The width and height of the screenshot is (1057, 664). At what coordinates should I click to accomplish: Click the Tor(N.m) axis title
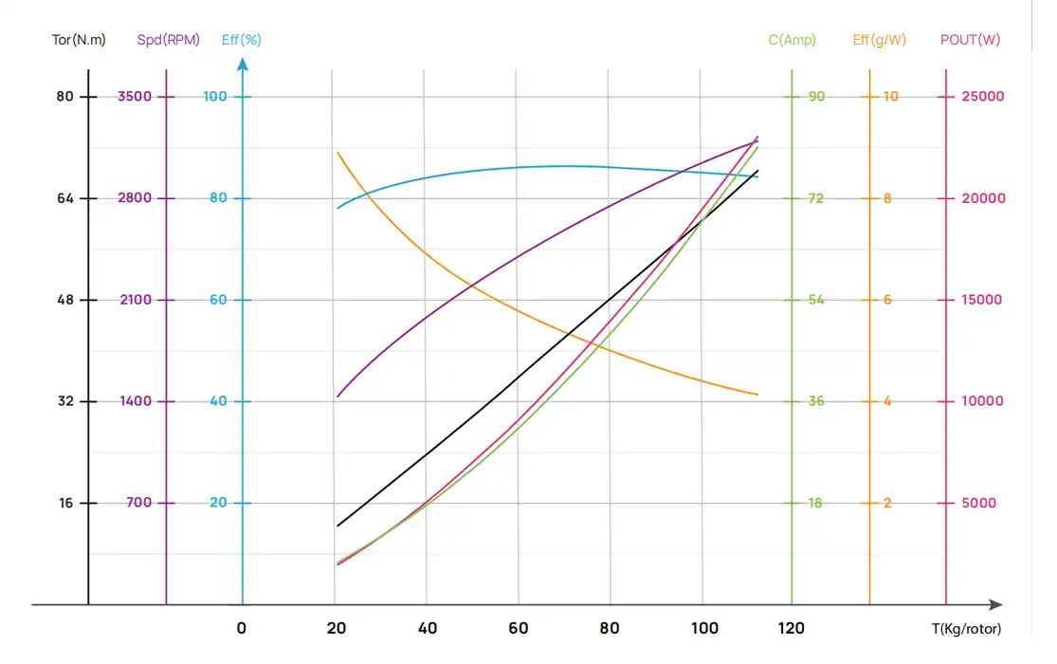(x=79, y=41)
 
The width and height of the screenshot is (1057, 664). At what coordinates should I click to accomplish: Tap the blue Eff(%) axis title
(x=242, y=41)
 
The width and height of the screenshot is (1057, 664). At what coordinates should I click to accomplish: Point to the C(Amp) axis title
(x=792, y=41)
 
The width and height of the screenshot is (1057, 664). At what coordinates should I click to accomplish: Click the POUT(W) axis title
(x=970, y=41)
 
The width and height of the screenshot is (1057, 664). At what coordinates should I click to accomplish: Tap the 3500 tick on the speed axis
(x=135, y=97)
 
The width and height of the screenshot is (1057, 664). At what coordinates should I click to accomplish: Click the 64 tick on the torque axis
(x=64, y=198)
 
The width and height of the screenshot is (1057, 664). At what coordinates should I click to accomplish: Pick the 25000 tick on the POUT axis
(x=983, y=97)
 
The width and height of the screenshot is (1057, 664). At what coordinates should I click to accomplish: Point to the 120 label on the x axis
(x=792, y=628)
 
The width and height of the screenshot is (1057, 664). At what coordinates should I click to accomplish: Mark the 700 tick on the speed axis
(x=138, y=503)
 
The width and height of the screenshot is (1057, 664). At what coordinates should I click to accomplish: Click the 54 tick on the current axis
(x=815, y=300)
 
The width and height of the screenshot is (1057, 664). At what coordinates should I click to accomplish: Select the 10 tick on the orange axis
(x=890, y=97)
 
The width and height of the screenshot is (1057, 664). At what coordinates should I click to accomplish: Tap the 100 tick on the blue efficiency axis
(x=217, y=97)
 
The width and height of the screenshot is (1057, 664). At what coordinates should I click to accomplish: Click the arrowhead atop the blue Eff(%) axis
(x=243, y=65)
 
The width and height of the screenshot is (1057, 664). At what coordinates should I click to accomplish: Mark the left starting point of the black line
(x=337, y=526)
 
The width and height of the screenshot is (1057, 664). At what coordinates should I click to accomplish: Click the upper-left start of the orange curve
(x=337, y=152)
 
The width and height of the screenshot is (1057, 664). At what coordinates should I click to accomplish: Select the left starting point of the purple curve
(x=337, y=397)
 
